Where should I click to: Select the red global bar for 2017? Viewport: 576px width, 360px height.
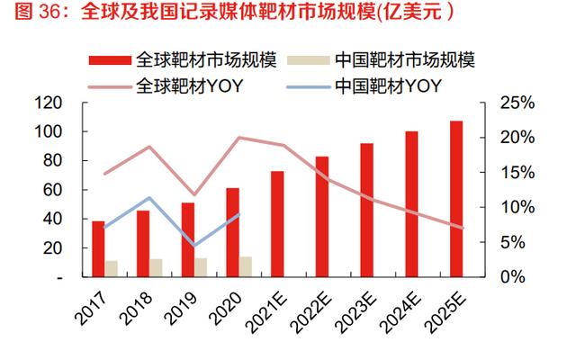tap(98, 248)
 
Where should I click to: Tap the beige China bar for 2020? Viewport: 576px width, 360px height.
tap(246, 266)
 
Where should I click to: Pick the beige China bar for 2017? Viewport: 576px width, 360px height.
tap(112, 268)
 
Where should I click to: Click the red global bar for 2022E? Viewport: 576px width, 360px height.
tap(322, 216)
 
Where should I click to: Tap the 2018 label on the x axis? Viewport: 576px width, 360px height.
tap(139, 306)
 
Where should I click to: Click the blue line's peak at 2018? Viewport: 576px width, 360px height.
tap(149, 198)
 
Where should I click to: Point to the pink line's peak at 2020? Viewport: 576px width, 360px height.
tap(239, 138)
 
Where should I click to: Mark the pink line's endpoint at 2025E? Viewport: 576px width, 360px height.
tap(463, 228)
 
